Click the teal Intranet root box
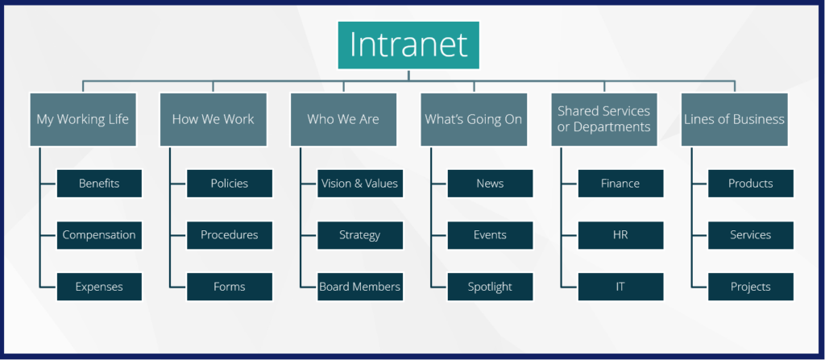408,45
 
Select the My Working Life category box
83,119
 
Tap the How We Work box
213,119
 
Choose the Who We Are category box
343,119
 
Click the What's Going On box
474,119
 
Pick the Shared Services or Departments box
604,119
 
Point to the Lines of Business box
735,119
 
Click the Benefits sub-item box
99,183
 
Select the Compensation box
99,235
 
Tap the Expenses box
99,287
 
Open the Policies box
230,183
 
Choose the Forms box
230,287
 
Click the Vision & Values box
360,183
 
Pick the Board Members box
360,287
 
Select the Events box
491,235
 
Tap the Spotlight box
491,287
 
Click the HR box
621,235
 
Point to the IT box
621,287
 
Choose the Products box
751,183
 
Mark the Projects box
751,287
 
